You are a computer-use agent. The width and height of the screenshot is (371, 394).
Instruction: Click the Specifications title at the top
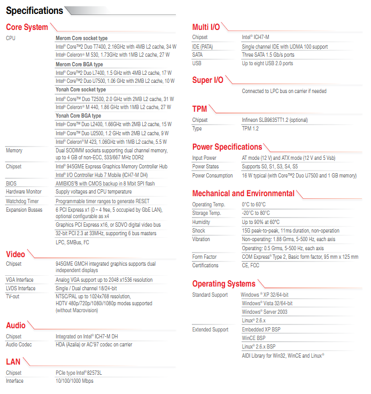tap(34, 10)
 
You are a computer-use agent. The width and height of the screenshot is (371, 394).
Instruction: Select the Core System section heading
tap(27, 27)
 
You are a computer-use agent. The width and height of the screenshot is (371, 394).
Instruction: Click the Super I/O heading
tap(208, 80)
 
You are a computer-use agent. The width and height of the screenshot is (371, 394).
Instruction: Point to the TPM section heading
tap(199, 109)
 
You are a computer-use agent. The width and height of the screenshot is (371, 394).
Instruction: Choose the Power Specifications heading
tap(227, 147)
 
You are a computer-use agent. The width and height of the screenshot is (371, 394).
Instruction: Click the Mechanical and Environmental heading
tap(243, 194)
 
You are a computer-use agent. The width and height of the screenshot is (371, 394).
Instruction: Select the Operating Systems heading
tap(223, 284)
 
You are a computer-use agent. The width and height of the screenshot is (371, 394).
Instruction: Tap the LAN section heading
tap(13, 362)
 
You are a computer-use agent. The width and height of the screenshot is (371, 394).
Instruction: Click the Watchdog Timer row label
tap(22, 201)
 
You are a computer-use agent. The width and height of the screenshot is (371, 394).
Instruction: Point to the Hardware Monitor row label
tap(24, 191)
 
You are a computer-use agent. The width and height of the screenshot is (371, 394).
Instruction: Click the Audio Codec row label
tap(19, 344)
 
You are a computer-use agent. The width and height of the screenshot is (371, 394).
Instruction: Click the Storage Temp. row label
tap(207, 213)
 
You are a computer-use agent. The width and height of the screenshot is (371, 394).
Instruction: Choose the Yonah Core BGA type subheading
tap(79, 115)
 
